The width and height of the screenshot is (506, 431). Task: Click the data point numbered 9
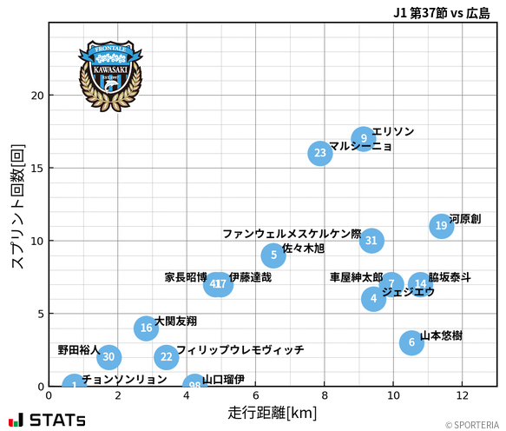365,138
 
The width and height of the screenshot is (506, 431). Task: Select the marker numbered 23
320,154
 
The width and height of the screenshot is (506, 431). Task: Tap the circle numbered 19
442,226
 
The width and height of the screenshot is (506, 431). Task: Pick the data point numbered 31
371,241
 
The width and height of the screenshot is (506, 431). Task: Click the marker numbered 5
273,255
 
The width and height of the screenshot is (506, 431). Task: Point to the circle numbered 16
147,328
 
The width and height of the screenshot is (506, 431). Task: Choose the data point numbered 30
108,357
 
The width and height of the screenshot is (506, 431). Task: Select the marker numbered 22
167,357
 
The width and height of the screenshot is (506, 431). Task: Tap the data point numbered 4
373,299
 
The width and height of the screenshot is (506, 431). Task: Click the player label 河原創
465,219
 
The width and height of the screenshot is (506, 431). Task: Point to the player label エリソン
393,131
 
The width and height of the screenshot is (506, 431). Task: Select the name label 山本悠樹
441,335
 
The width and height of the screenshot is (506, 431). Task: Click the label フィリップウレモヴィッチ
240,350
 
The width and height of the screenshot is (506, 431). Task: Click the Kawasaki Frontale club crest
109,75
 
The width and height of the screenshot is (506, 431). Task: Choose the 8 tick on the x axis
324,396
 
